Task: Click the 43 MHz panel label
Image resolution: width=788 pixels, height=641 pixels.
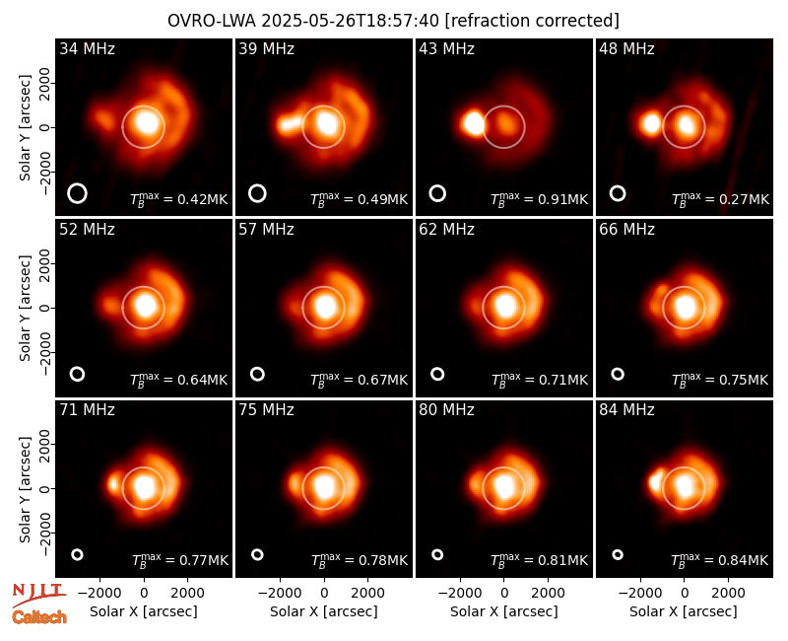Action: point(446,48)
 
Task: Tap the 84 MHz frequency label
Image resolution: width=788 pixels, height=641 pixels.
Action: point(626,410)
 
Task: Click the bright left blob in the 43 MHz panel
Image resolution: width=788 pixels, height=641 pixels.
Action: point(474,123)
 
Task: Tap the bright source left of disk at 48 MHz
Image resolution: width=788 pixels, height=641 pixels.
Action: point(651,123)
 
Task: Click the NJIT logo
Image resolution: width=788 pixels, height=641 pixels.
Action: point(38,595)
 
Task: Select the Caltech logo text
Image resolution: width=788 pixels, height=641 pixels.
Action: point(39,617)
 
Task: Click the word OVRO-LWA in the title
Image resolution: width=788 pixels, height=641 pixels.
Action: point(211,21)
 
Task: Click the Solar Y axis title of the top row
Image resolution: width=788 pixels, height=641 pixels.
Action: point(25,127)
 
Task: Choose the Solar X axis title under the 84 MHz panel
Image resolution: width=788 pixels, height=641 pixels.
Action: point(683,611)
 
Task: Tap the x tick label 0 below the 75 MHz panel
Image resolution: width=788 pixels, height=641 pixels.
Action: point(324,593)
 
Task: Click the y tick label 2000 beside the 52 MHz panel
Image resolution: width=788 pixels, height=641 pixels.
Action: point(44,263)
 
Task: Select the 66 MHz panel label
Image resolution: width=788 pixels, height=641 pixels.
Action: point(626,230)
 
